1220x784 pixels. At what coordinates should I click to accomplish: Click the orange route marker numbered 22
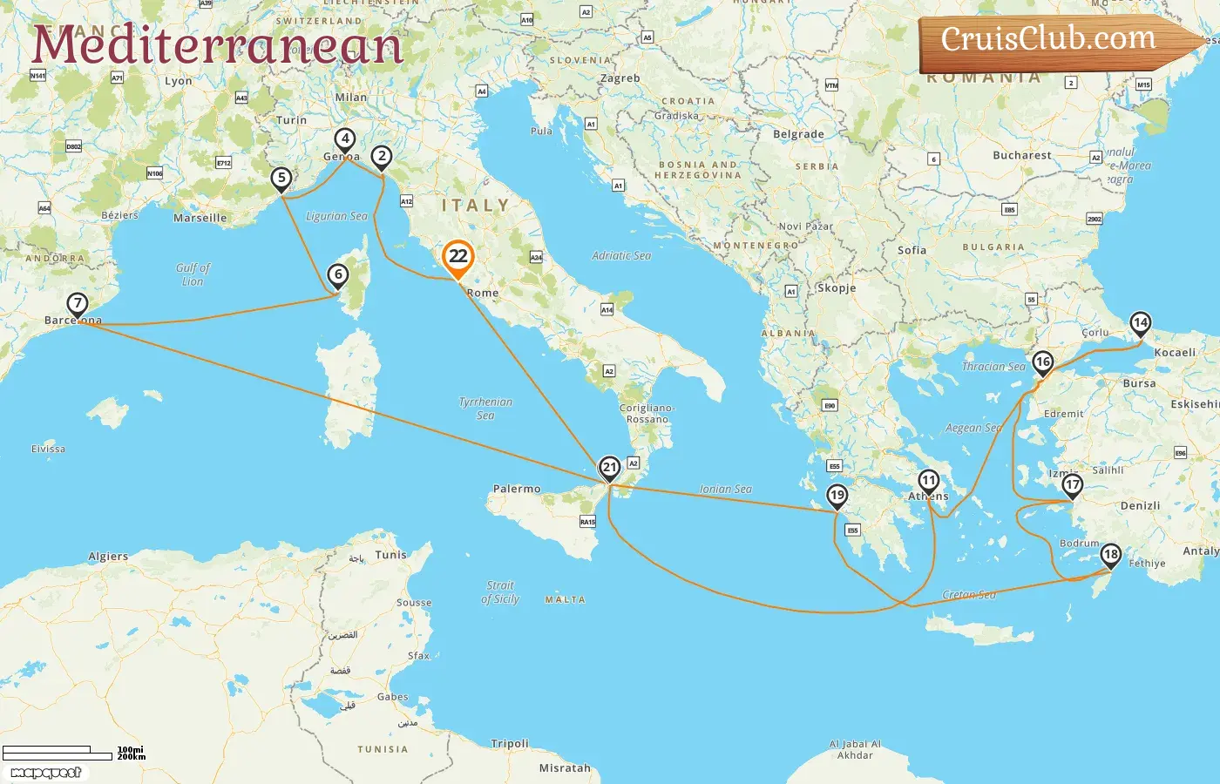pos(457,257)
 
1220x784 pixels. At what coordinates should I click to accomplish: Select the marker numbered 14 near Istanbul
pos(1140,323)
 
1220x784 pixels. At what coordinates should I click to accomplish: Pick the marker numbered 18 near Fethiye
pos(1110,555)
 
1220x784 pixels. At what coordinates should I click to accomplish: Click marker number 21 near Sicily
pos(609,468)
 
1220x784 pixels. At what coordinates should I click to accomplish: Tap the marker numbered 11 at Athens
pos(928,481)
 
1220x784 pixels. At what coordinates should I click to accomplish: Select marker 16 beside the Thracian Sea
pos(1042,362)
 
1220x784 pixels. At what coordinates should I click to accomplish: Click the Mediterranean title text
pos(218,45)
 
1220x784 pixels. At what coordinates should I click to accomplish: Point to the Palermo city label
pos(517,489)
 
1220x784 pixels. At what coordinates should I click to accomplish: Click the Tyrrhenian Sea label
pos(485,409)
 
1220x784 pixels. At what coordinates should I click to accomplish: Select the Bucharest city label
pos(1021,155)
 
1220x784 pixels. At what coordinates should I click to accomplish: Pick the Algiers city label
pos(108,556)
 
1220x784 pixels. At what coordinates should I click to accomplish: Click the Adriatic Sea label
pos(621,255)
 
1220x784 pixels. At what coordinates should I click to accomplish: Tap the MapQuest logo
pos(45,773)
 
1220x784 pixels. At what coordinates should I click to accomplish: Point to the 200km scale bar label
pos(132,757)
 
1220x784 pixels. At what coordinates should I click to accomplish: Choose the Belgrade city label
pos(798,134)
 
